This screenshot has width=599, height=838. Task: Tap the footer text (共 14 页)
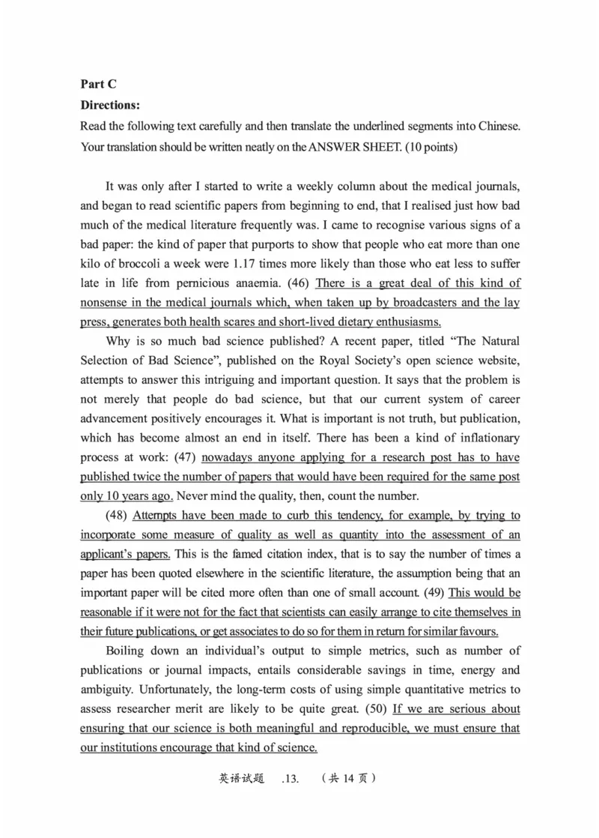[347, 778]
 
